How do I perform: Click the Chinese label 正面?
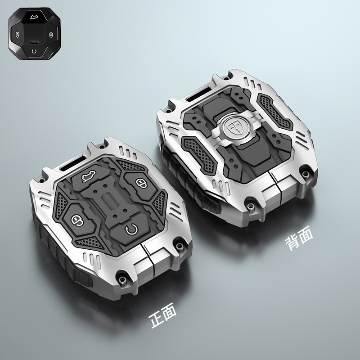click(x=162, y=314)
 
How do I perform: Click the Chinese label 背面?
click(x=299, y=238)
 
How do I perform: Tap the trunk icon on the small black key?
click(x=35, y=17)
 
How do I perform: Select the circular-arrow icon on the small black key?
click(x=34, y=51)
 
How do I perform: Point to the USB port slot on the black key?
click(x=34, y=42)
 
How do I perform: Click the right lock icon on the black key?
click(x=51, y=35)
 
